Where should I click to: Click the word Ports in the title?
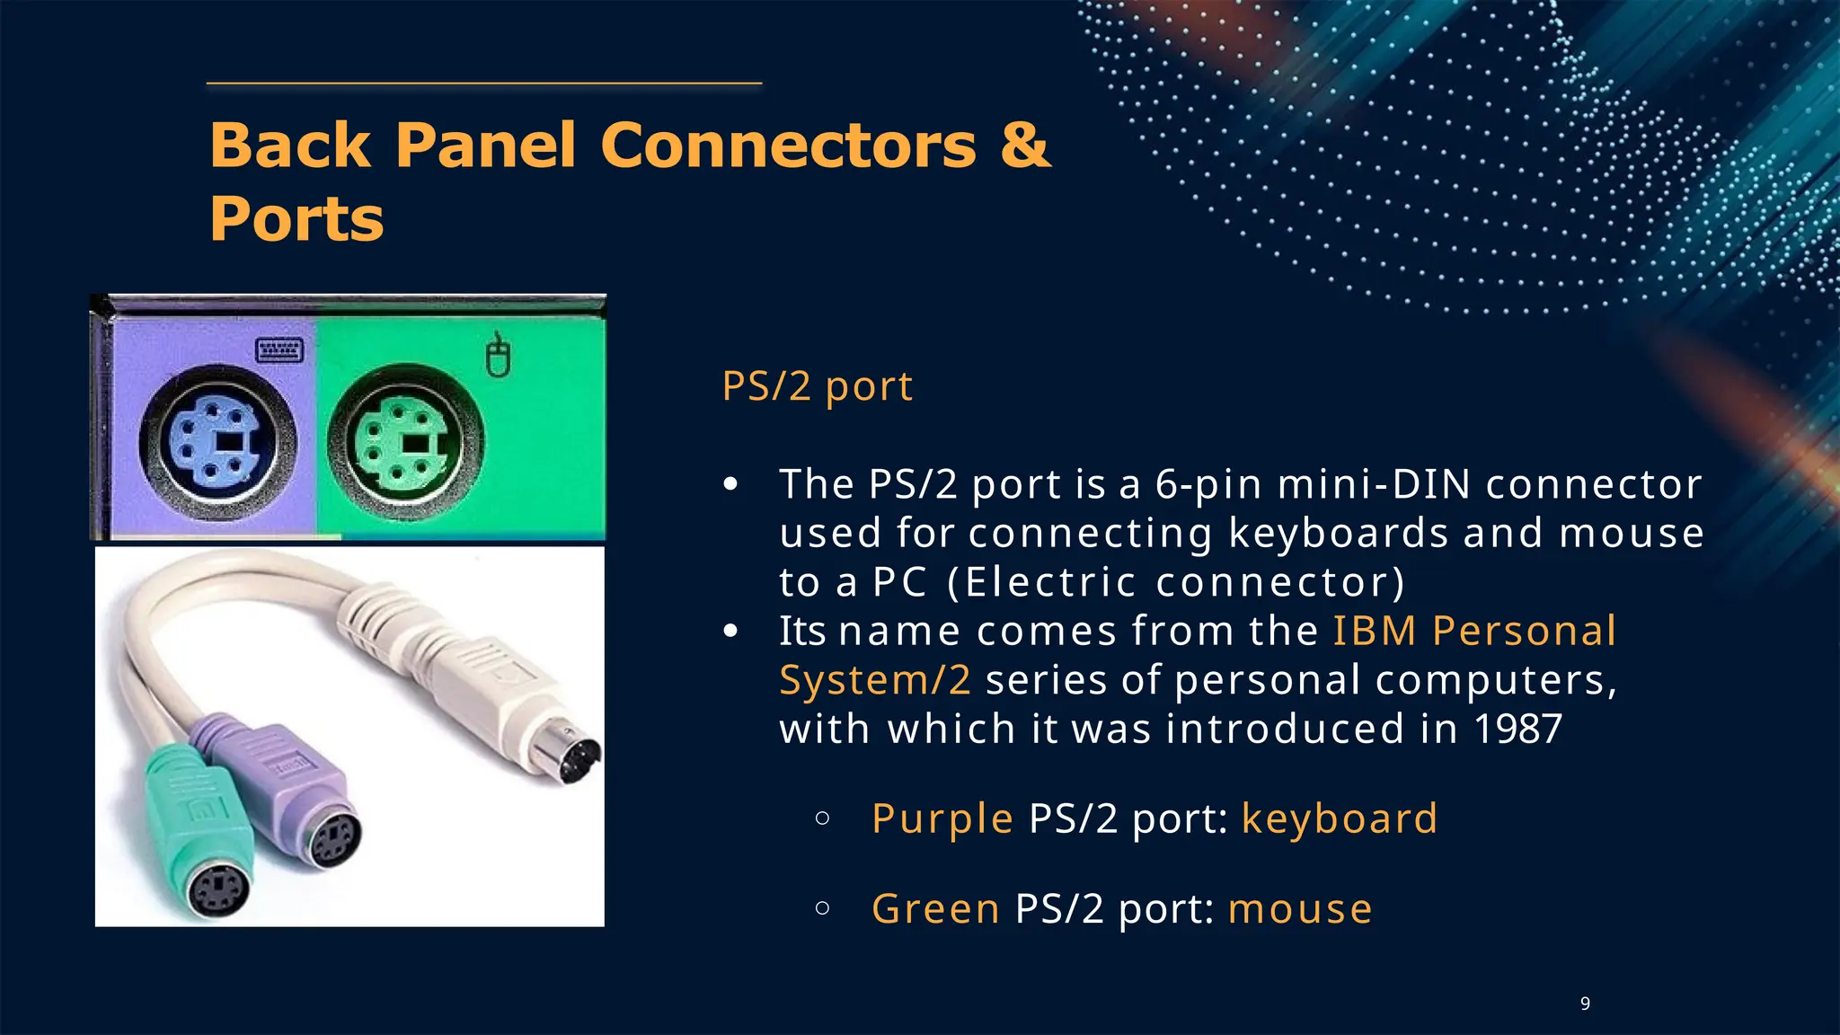pos(296,219)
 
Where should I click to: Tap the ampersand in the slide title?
pos(1024,145)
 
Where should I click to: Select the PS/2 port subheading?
pos(817,386)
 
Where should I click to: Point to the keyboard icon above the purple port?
pos(279,349)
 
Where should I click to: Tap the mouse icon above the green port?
pos(498,357)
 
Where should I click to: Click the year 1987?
pos(1517,729)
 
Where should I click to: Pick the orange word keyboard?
pos(1339,818)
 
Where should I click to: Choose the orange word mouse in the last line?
pos(1300,908)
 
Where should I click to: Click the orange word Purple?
pos(942,818)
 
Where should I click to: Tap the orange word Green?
pos(935,908)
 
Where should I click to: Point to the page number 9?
pos(1585,1004)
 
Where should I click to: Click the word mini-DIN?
pos(1374,484)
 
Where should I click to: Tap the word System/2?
pos(875,680)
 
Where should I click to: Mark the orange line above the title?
pos(484,84)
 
